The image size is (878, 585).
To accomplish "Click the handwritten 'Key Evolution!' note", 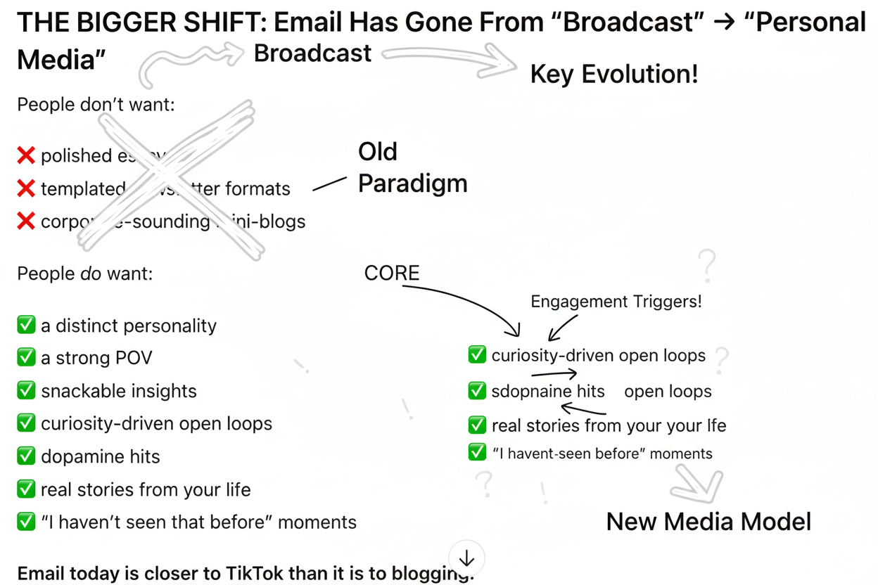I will (x=613, y=74).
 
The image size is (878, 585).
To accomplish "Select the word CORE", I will (x=391, y=273).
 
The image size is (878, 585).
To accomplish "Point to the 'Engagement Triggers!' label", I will (x=616, y=302).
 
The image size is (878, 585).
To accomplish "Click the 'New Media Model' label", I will (x=708, y=522).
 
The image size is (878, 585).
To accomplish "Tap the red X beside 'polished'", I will (x=26, y=155).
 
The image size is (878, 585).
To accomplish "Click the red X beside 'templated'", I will (x=26, y=188).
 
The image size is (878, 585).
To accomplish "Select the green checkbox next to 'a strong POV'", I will (x=26, y=358).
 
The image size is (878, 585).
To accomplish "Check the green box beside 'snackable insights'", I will (x=26, y=391).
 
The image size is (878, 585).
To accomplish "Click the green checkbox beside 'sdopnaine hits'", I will (x=477, y=391).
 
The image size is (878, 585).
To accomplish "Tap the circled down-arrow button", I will (x=466, y=558).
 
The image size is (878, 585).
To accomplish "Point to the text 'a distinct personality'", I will (x=129, y=326).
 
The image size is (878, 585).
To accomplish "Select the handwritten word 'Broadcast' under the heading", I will (x=312, y=53).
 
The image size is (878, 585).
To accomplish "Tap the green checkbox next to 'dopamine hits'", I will (x=26, y=456).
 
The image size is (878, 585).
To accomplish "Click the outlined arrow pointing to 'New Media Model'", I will (x=696, y=485).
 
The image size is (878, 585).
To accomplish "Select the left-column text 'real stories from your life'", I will (x=146, y=489).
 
